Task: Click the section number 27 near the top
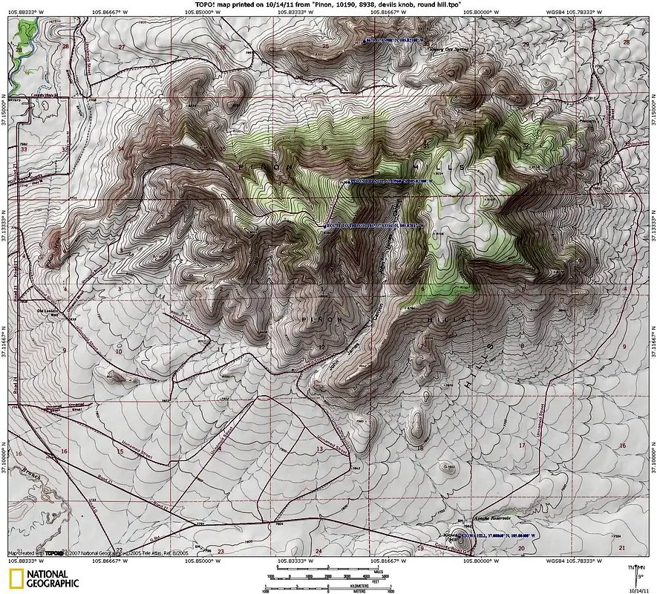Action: pos(122,47)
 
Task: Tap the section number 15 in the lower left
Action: pos(120,451)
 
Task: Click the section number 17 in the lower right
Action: pos(522,446)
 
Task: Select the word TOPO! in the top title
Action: pos(206,4)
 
